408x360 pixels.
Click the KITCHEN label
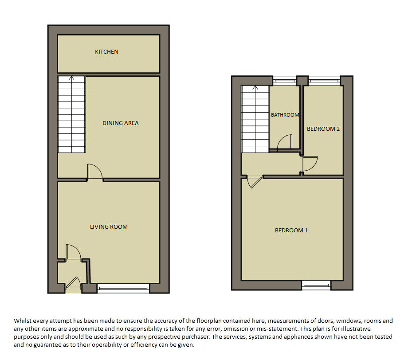pyautogui.click(x=106, y=52)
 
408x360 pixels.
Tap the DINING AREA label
pyautogui.click(x=121, y=123)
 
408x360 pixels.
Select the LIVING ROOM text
pyautogui.click(x=109, y=227)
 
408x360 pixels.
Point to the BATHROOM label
pyautogui.click(x=285, y=115)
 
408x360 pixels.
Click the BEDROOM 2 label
pyautogui.click(x=323, y=129)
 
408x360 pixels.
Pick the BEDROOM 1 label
pyautogui.click(x=291, y=231)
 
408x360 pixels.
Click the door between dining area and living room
pyautogui.click(x=94, y=172)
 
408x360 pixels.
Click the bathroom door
pyautogui.click(x=285, y=143)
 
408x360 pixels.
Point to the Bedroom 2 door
pyautogui.click(x=310, y=163)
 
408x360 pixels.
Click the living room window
pyautogui.click(x=123, y=289)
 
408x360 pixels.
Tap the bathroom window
pyautogui.click(x=285, y=81)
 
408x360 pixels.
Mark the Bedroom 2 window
pyautogui.click(x=324, y=81)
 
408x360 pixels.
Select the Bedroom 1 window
pyautogui.click(x=316, y=286)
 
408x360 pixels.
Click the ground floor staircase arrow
pyautogui.click(x=71, y=79)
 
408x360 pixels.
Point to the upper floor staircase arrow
pyautogui.click(x=255, y=89)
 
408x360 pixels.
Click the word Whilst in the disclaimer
pyautogui.click(x=23, y=321)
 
